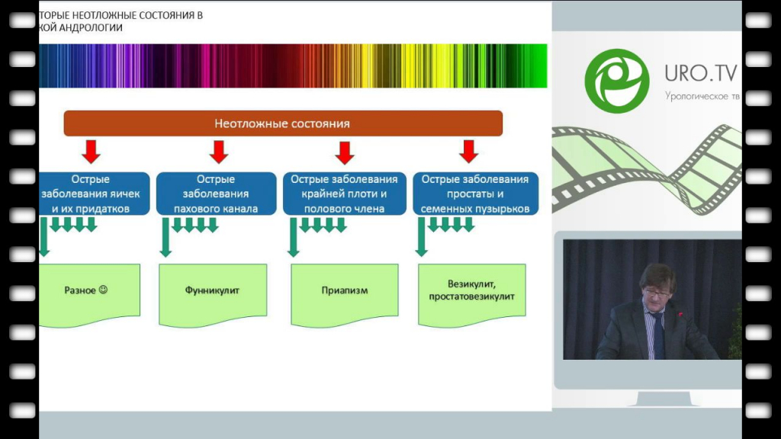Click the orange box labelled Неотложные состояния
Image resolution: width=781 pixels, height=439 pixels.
tap(282, 123)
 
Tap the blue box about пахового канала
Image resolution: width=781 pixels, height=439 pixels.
tap(216, 194)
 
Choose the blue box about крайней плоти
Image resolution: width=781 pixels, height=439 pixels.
tap(345, 194)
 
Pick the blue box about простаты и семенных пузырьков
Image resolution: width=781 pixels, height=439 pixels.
tap(475, 194)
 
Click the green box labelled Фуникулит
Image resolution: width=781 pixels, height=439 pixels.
tap(212, 291)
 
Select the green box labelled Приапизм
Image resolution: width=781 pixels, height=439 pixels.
tap(345, 291)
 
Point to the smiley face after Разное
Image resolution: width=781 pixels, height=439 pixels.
tap(104, 290)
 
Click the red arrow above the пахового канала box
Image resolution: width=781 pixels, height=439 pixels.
tap(219, 152)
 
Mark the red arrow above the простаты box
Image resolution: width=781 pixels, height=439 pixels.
tap(469, 152)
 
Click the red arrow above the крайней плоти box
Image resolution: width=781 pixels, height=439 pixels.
tap(345, 152)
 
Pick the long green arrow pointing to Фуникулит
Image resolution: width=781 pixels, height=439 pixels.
tap(164, 237)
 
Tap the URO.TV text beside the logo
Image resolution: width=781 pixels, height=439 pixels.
tap(699, 73)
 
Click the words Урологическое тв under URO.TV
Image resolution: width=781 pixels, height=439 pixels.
tap(702, 97)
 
